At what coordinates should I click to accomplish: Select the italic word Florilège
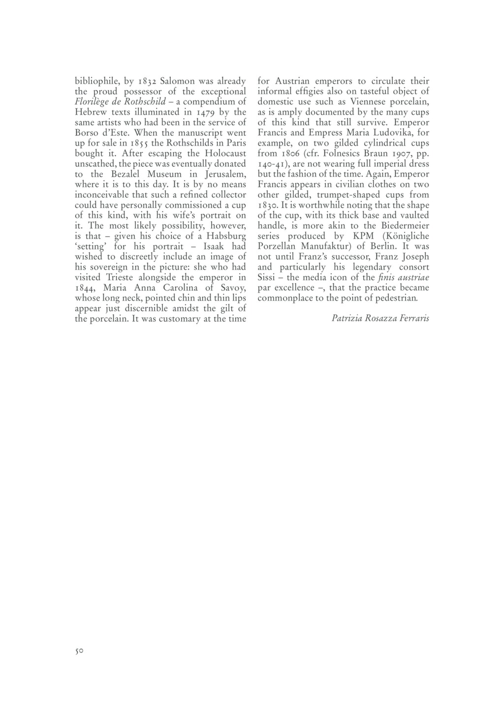pyautogui.click(x=91, y=102)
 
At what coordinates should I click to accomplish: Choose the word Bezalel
pyautogui.click(x=126, y=174)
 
